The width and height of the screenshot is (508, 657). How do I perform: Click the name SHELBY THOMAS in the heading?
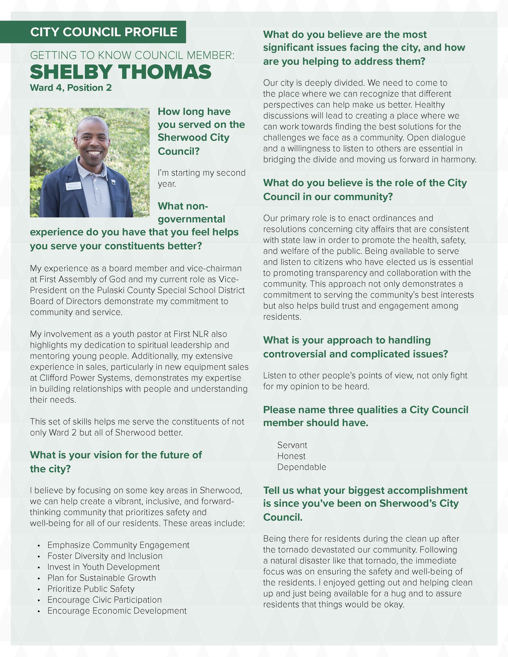point(120,72)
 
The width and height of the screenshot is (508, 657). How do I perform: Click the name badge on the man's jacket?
point(74,185)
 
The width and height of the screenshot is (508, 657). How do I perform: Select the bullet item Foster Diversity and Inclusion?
point(105,556)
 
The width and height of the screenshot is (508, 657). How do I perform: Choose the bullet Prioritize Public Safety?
point(91,589)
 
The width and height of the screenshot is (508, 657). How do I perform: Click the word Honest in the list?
point(291,456)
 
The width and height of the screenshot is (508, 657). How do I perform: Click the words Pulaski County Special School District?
point(171,290)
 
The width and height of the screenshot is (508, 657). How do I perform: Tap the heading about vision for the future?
point(116,461)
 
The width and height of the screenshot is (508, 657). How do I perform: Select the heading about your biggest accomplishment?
point(365,503)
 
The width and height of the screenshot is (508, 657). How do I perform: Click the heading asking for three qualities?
point(365,416)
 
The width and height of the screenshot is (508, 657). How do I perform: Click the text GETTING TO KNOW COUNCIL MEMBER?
point(132,55)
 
